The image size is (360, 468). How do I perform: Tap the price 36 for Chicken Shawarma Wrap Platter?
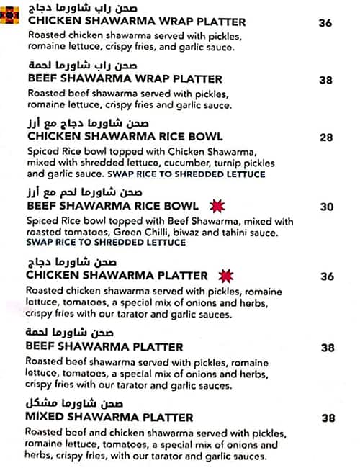(325, 23)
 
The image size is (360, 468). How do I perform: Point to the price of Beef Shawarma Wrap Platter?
(327, 81)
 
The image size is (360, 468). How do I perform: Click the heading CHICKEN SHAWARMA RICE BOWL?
(125, 137)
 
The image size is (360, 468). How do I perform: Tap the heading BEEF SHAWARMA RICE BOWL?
(112, 206)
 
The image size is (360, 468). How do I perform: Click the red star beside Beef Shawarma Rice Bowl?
(215, 206)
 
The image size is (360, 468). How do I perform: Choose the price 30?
(327, 207)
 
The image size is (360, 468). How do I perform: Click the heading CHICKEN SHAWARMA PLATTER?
(117, 276)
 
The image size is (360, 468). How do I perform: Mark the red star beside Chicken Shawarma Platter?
(226, 276)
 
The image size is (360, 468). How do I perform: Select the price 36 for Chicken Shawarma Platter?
(327, 276)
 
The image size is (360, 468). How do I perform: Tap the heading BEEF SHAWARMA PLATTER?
(105, 347)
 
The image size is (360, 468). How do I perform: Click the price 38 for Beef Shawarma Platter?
(328, 348)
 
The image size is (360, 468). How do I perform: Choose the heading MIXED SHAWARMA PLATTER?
(109, 418)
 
